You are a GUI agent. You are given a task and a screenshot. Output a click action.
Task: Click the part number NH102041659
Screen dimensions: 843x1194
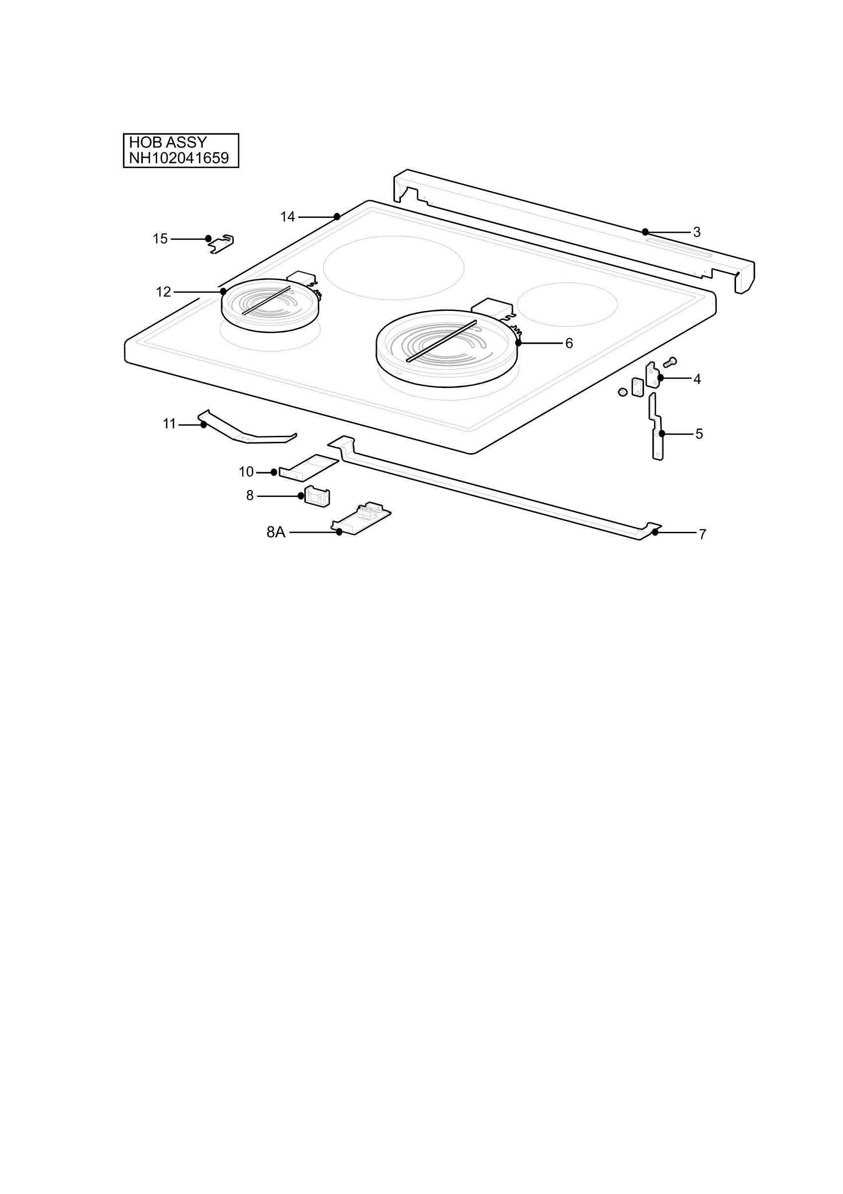179,158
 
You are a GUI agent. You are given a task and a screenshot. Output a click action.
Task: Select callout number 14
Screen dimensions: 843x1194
287,217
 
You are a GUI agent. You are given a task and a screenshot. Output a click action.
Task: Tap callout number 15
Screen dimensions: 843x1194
160,239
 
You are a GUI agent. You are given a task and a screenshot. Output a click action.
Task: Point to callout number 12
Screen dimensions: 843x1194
163,292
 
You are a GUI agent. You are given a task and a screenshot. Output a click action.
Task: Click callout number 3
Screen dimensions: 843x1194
697,232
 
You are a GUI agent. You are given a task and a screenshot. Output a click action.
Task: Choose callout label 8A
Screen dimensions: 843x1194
276,532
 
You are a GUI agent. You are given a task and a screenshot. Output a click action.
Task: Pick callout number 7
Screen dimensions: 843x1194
702,535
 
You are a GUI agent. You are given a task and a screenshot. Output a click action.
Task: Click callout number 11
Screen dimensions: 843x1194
170,424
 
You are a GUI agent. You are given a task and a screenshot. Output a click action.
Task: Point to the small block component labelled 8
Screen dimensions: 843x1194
317,496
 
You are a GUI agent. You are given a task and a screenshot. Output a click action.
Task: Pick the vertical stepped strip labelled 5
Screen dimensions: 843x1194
656,426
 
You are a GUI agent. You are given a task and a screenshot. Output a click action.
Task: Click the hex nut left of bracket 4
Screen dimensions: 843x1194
622,392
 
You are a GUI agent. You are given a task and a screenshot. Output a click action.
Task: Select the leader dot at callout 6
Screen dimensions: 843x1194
518,343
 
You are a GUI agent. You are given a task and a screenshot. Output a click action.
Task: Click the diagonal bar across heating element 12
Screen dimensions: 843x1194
266,300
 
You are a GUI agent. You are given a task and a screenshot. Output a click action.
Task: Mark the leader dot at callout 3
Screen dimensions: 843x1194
645,232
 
